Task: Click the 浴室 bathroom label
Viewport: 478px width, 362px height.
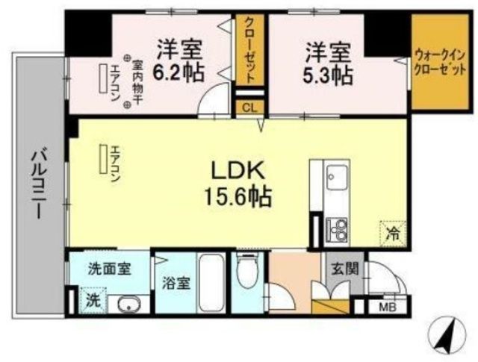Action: pos(173,284)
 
